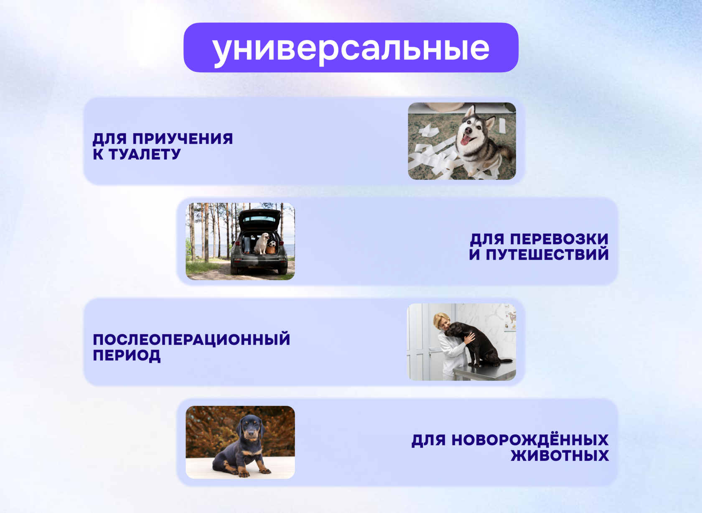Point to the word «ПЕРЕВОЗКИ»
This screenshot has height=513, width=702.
560,239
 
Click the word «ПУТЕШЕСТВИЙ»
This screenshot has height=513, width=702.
547,254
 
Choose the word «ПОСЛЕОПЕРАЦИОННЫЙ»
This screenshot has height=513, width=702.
191,339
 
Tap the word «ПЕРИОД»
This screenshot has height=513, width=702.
127,355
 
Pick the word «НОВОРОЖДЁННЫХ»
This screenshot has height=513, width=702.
530,440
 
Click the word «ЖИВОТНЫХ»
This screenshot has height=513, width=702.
560,456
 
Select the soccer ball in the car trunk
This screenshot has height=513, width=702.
272,244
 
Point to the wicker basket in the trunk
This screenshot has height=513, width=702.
271,250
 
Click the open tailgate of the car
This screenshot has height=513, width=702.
259,219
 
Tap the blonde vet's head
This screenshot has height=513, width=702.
441,322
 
